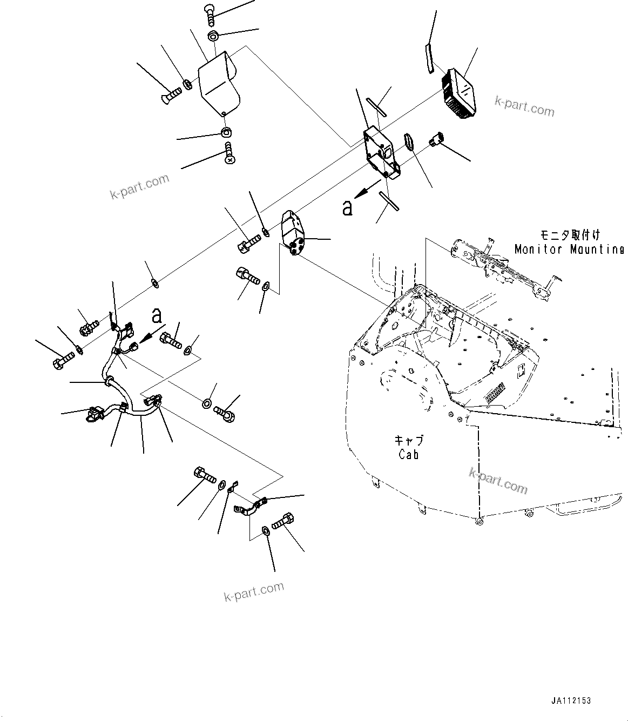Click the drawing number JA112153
pos(571,701)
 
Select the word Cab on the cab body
pos(409,455)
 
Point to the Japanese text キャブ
pos(409,440)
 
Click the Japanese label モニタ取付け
pos(570,235)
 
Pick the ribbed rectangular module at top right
pos(460,93)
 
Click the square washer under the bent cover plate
pos(226,132)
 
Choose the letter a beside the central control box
pos(347,207)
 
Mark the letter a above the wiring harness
pos(157,314)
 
